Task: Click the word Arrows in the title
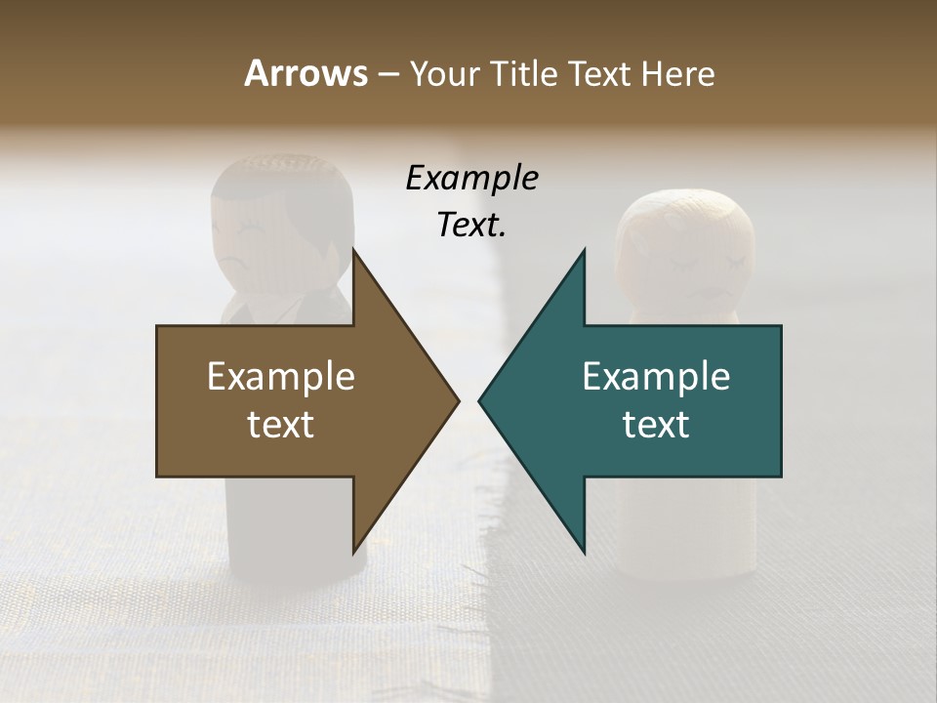click(x=305, y=73)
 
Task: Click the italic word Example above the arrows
click(x=472, y=179)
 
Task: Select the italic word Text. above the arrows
click(x=472, y=226)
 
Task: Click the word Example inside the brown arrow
click(x=281, y=377)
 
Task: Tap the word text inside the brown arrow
click(x=281, y=425)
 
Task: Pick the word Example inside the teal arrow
click(x=656, y=377)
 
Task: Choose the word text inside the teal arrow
click(x=656, y=425)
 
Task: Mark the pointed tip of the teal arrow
click(x=481, y=400)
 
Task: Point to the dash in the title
click(x=387, y=75)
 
